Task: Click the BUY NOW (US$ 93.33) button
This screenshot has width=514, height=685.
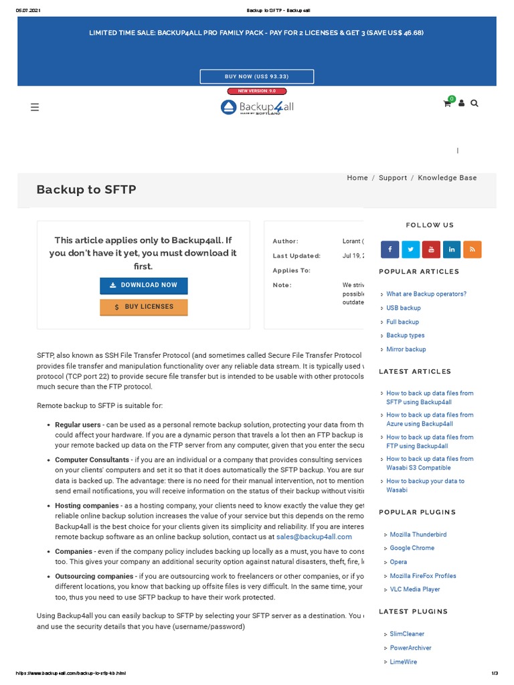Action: coord(257,77)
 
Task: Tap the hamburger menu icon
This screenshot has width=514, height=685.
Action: coord(35,107)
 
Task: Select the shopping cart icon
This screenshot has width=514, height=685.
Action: coord(447,104)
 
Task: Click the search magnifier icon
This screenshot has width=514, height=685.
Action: coord(475,104)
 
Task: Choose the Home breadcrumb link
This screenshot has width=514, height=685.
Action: coord(357,178)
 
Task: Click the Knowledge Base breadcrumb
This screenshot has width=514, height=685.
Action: coord(447,178)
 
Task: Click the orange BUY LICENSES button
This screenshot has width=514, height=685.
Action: coord(144,307)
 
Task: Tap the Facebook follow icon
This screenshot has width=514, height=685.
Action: coord(390,250)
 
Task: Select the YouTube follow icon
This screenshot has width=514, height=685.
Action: coord(431,250)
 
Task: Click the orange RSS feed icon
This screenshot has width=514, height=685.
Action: coord(472,250)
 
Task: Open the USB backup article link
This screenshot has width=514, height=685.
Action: coord(403,308)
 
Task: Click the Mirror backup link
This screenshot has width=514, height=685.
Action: coord(406,349)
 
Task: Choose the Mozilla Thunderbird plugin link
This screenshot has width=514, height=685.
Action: coord(418,534)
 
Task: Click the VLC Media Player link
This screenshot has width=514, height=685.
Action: coord(415,589)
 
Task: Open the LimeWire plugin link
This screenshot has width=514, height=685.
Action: coord(403,662)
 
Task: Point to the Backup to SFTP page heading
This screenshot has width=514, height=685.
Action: coord(86,190)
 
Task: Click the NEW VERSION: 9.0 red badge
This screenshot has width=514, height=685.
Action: coord(257,91)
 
